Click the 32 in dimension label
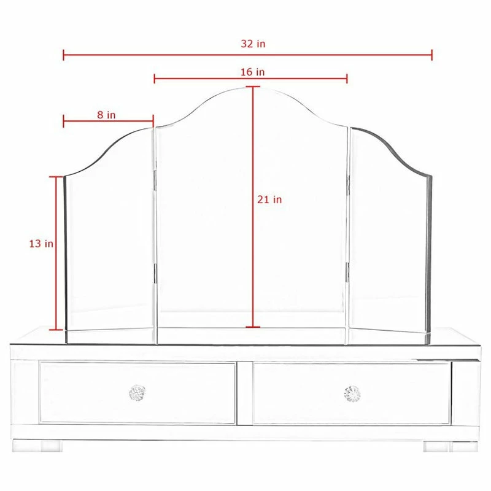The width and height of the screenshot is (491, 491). point(253,44)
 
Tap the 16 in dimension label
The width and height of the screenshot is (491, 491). point(252,72)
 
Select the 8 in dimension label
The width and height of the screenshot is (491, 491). point(106,115)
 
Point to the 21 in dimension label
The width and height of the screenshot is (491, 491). point(269,199)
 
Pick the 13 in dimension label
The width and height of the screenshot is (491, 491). point(41,244)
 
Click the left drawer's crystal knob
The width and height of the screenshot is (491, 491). point(137,393)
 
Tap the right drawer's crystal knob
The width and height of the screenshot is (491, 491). point(352,393)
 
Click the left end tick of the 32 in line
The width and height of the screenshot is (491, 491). point(64,55)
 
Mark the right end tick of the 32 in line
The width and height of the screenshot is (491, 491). point(432,55)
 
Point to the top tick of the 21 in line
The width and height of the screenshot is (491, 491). point(253,87)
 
